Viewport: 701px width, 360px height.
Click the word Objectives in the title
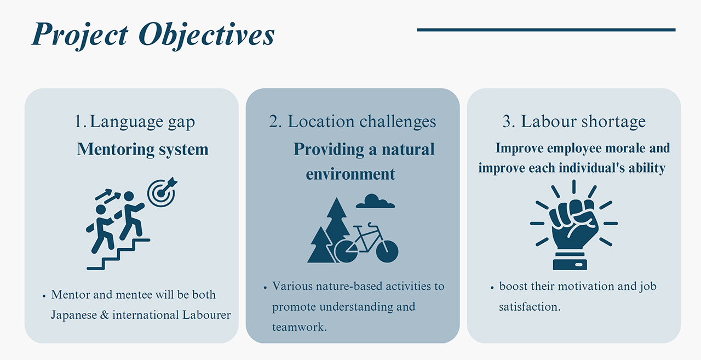pyautogui.click(x=206, y=35)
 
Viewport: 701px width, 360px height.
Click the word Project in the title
pyautogui.click(x=80, y=35)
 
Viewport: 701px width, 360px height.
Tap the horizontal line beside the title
pyautogui.click(x=546, y=30)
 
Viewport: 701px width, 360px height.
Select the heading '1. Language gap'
pyautogui.click(x=135, y=122)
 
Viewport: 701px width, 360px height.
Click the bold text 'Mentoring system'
pyautogui.click(x=143, y=149)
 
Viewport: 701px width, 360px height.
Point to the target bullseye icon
pyautogui.click(x=162, y=192)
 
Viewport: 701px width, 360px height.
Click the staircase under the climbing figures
pyautogui.click(x=118, y=254)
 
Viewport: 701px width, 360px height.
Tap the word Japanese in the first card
pyautogui.click(x=74, y=315)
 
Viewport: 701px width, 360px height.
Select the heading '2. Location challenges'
pyautogui.click(x=352, y=122)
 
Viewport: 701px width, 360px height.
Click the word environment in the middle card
pyautogui.click(x=350, y=174)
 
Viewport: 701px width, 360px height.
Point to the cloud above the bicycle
pyautogui.click(x=375, y=201)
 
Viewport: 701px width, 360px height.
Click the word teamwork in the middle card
pyautogui.click(x=299, y=327)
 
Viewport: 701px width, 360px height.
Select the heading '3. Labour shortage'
pyautogui.click(x=574, y=122)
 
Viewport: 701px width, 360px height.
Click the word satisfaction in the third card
pyautogui.click(x=530, y=307)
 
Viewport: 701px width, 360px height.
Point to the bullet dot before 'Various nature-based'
pyautogui.click(x=265, y=287)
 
